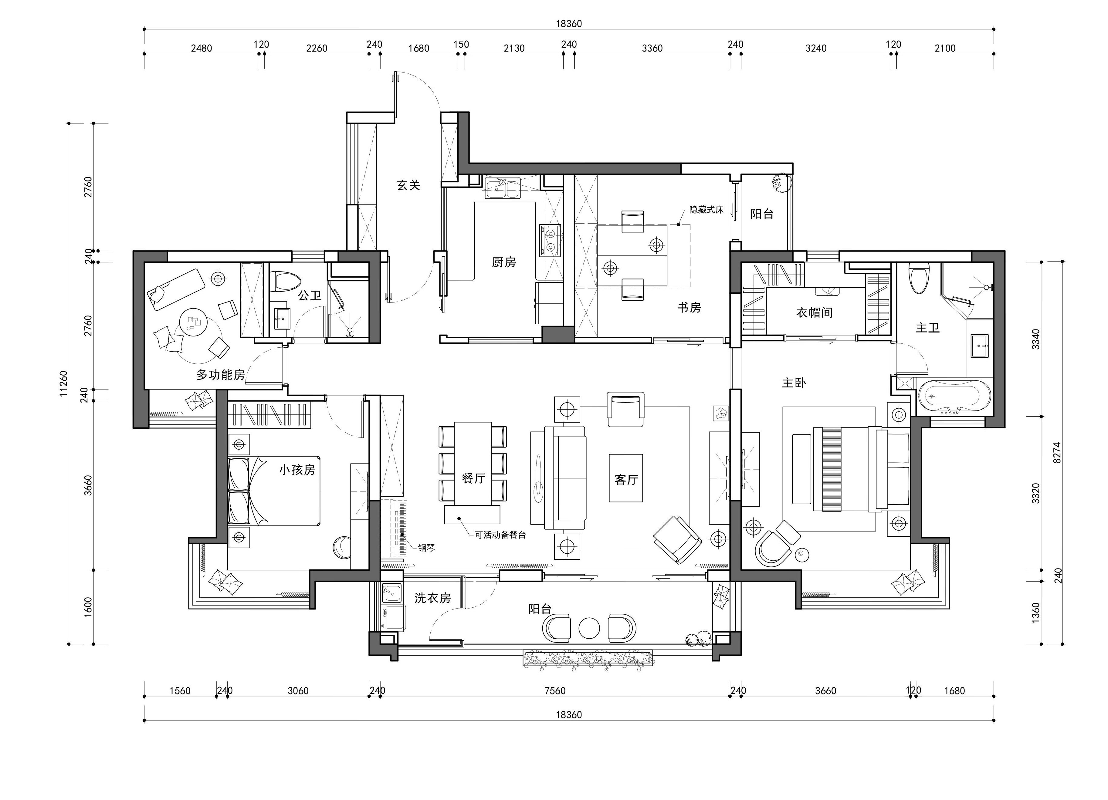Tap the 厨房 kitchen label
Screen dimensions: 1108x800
tap(504, 262)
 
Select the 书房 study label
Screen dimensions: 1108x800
tap(689, 307)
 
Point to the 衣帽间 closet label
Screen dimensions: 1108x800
tap(815, 312)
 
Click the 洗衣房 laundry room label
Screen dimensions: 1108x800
tap(432, 598)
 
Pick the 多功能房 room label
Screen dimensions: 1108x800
tap(221, 375)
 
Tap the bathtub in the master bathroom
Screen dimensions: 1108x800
tap(955, 396)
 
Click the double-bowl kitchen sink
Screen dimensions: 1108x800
tap(502, 188)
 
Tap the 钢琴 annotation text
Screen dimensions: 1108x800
tap(426, 548)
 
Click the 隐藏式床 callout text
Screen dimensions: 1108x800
tap(706, 210)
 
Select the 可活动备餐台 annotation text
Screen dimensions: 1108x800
tap(500, 535)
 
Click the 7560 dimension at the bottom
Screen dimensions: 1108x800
tap(555, 690)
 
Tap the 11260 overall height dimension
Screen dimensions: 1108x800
tap(63, 384)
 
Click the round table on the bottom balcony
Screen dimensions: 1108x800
tap(589, 628)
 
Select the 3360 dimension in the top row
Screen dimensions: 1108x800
tap(652, 48)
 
